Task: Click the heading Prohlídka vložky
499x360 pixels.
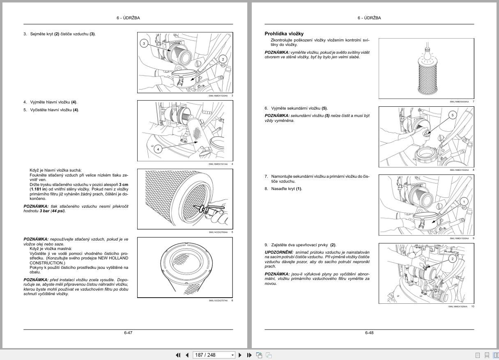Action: [x=284, y=34]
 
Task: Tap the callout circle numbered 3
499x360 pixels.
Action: [x=144, y=43]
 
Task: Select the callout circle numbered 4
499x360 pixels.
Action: [x=158, y=149]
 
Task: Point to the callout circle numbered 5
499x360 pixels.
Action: [x=453, y=115]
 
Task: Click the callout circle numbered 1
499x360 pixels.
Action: [x=464, y=201]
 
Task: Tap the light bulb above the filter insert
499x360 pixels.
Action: [x=427, y=53]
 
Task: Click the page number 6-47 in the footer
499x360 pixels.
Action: [x=128, y=332]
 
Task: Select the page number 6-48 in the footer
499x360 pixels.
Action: [x=369, y=332]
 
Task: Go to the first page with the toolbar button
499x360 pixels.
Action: [x=178, y=355]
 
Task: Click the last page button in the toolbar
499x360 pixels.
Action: [x=249, y=355]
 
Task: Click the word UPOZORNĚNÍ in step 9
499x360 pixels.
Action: [x=278, y=252]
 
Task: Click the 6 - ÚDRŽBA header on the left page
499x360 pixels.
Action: [x=128, y=18]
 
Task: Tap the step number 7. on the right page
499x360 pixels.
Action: [x=267, y=177]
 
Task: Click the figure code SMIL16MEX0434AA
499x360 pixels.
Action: [x=459, y=101]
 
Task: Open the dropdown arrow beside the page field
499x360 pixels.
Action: [x=232, y=355]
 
